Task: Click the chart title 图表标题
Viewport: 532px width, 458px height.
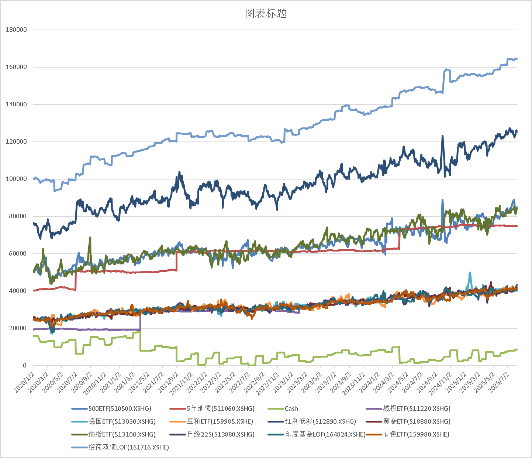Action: (x=266, y=14)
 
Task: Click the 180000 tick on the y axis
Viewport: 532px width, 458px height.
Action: (x=16, y=30)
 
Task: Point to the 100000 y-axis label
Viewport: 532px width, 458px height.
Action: (x=16, y=179)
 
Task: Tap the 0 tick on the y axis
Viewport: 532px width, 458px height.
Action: (x=25, y=366)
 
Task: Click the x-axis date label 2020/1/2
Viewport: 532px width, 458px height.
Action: (x=24, y=382)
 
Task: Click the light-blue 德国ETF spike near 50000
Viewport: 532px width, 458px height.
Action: (x=470, y=273)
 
